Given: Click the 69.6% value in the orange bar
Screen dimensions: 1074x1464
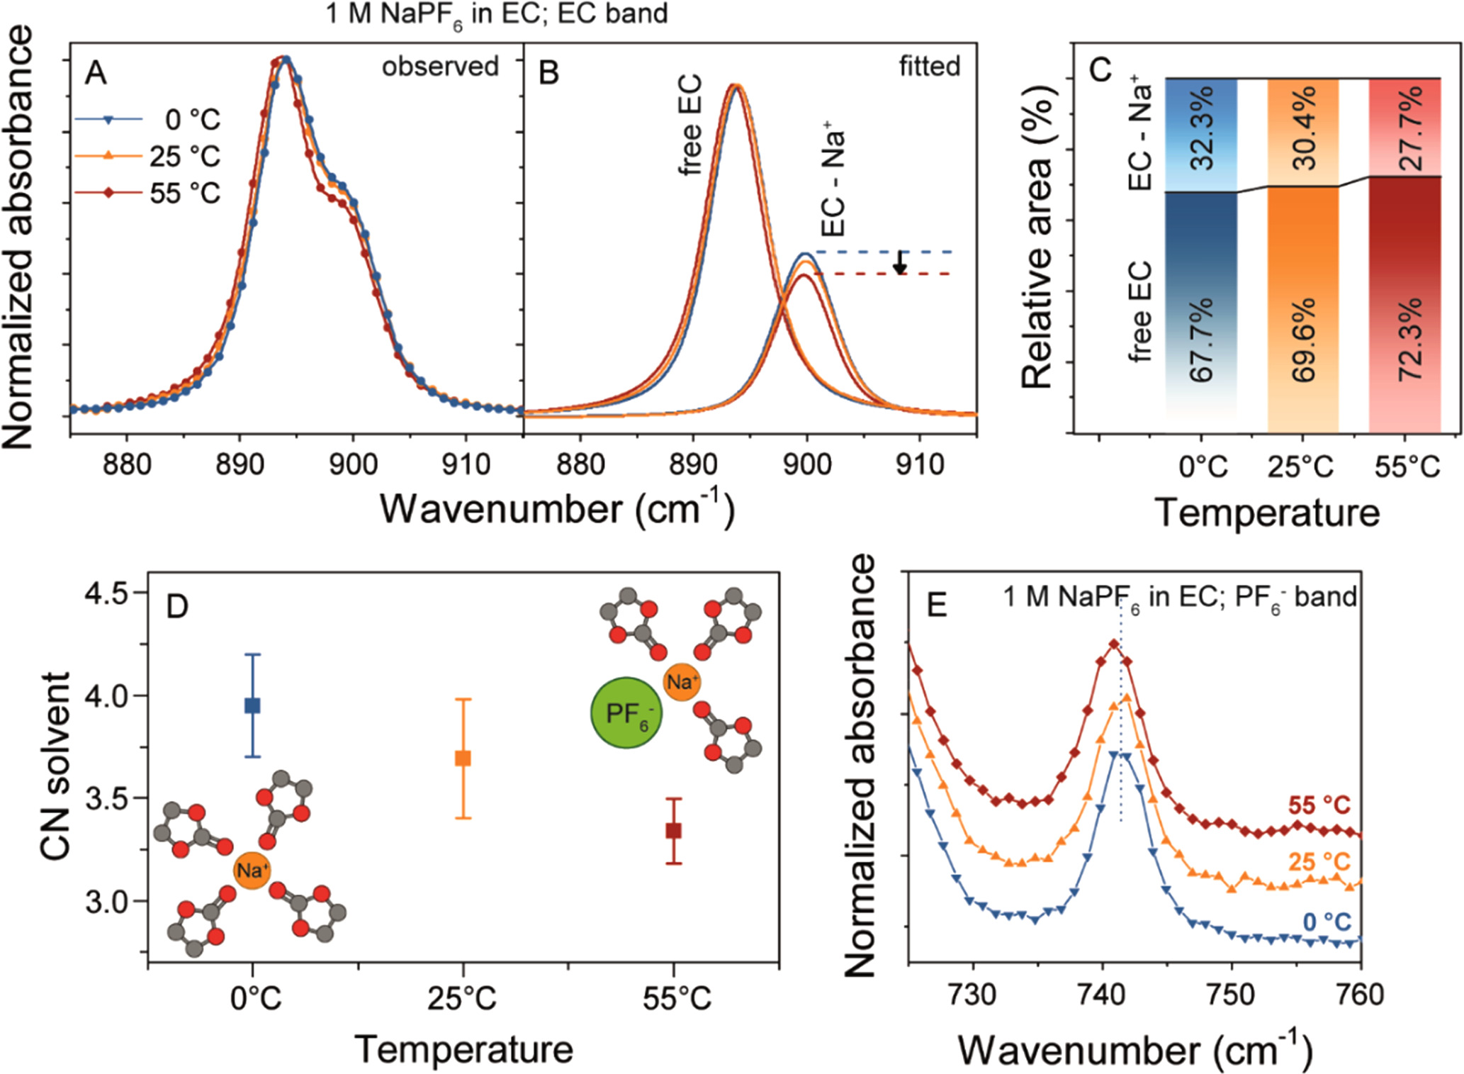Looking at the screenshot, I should click(x=1304, y=340).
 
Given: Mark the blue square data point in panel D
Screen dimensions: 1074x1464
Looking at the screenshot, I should click(x=252, y=705).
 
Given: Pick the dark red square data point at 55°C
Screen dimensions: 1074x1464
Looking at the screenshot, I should click(x=674, y=830).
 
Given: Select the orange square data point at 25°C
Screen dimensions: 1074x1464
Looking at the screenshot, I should click(x=463, y=759).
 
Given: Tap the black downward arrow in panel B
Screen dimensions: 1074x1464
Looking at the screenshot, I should click(x=900, y=263).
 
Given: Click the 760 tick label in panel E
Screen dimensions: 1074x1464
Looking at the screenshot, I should click(x=1358, y=995).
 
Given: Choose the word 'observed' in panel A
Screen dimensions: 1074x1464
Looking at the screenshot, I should click(x=440, y=67).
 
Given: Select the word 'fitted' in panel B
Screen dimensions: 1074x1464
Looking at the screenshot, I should click(x=930, y=67).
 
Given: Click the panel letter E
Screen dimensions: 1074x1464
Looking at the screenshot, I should click(x=937, y=606).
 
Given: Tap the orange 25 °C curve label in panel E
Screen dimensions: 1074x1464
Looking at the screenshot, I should click(x=1319, y=862).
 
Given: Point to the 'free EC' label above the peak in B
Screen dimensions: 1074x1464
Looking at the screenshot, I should click(x=689, y=125).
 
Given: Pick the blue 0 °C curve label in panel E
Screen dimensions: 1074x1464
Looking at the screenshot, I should click(x=1327, y=922).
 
